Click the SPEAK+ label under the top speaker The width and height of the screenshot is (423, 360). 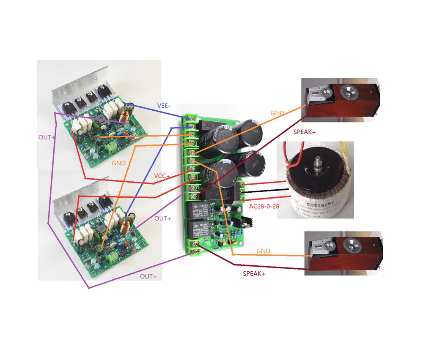[305, 132]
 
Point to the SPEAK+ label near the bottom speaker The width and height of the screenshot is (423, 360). [254, 273]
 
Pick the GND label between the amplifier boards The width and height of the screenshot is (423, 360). [118, 163]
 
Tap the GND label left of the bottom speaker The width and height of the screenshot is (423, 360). [263, 251]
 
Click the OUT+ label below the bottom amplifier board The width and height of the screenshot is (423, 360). [148, 276]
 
